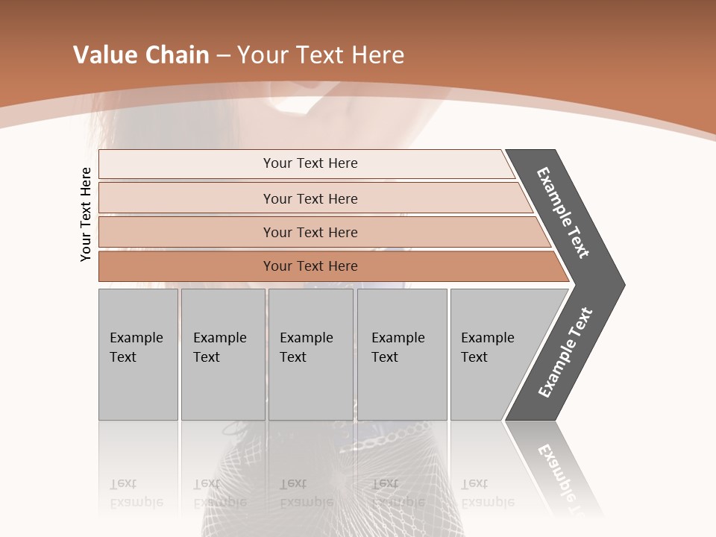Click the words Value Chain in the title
tap(141, 55)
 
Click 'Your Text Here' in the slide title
tap(321, 55)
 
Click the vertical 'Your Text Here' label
tap(86, 214)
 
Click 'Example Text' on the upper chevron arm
tap(563, 213)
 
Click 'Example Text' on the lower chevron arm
tap(565, 353)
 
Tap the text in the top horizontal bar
tap(310, 163)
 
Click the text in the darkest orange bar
tap(310, 266)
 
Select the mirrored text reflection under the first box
tap(136, 493)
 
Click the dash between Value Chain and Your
tap(223, 56)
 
